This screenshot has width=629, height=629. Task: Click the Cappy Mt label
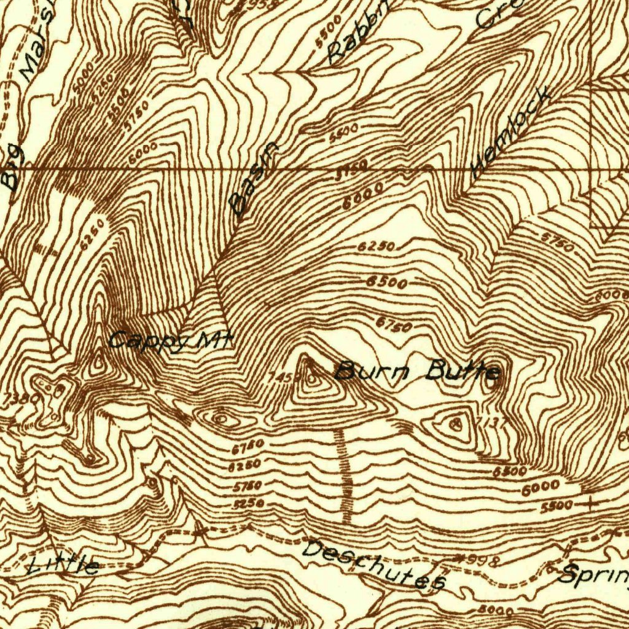click(x=170, y=342)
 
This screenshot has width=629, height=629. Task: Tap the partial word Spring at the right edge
click(x=593, y=575)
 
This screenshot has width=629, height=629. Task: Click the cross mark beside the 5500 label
click(x=590, y=504)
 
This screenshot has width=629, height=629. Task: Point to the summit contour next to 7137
click(x=456, y=423)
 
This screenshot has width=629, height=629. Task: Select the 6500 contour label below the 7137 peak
click(x=509, y=472)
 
